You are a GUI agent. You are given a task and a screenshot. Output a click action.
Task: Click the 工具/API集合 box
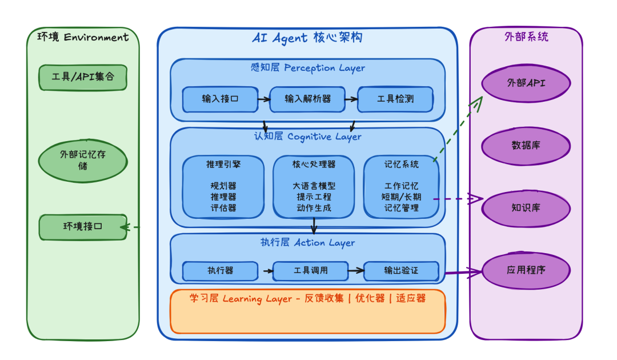click(x=83, y=77)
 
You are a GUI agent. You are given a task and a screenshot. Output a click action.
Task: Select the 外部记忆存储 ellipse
click(x=83, y=160)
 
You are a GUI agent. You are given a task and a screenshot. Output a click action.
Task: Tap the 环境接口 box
click(x=83, y=227)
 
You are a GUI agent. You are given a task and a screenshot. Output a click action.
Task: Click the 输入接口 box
click(x=220, y=99)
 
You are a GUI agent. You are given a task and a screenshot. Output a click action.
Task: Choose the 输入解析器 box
click(x=308, y=99)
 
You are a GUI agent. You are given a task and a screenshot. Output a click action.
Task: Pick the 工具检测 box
click(x=395, y=99)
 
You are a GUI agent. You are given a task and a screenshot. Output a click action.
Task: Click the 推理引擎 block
click(x=223, y=186)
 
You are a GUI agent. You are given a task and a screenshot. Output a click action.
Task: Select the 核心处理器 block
click(x=314, y=186)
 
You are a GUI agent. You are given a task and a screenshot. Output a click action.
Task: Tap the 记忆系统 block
click(x=401, y=186)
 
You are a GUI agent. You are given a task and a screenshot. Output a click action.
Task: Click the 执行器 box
click(x=220, y=270)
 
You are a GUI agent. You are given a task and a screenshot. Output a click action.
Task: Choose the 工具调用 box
click(x=310, y=270)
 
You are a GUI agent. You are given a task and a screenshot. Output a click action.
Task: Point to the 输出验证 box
click(x=401, y=270)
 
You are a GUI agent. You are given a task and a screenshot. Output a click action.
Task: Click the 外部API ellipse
click(x=526, y=83)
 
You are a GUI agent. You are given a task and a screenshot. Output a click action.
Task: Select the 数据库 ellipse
click(x=526, y=145)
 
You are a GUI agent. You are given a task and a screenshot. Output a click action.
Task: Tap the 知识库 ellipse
click(x=526, y=207)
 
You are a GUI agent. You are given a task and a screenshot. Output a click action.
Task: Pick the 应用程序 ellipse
click(x=526, y=269)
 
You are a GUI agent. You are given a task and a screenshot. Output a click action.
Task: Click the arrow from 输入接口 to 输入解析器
click(x=263, y=99)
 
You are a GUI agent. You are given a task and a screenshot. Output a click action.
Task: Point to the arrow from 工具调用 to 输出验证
click(x=356, y=270)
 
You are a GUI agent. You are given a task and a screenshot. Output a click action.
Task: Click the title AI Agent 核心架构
click(x=307, y=38)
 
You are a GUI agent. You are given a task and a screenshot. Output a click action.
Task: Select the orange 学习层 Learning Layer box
click(x=307, y=312)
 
